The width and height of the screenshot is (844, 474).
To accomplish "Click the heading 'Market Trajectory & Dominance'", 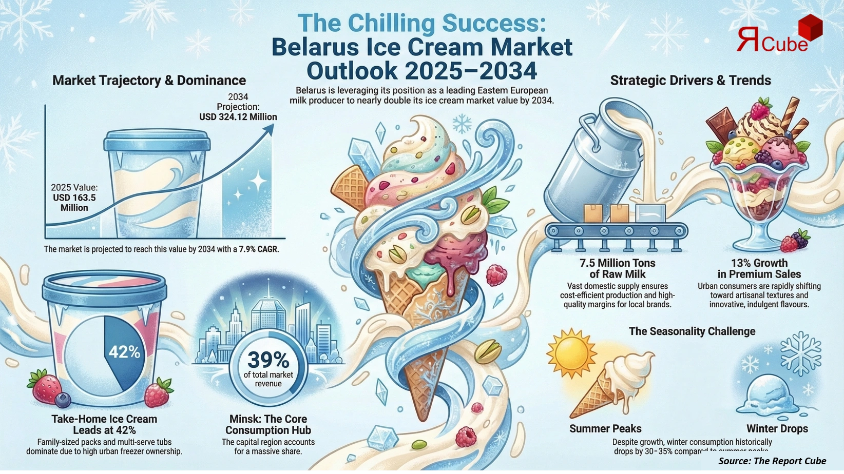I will [149, 81].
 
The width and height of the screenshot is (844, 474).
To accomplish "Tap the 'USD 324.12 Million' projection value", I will [238, 117].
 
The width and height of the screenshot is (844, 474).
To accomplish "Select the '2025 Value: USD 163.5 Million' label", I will [74, 197].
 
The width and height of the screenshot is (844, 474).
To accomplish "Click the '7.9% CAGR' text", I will [259, 250].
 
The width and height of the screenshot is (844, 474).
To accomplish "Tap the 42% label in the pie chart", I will [124, 352].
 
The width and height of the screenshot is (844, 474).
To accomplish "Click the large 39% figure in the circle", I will [268, 360].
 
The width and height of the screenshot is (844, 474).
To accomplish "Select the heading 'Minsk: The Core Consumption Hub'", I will [268, 424].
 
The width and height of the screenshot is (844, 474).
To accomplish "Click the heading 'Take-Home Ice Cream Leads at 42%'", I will [104, 424].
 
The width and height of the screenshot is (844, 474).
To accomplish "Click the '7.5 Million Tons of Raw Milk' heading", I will [618, 268].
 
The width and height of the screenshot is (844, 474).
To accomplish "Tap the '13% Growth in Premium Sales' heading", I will [759, 268].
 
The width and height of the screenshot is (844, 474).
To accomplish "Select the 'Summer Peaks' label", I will [605, 428].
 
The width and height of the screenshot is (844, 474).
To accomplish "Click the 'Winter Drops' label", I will [777, 428].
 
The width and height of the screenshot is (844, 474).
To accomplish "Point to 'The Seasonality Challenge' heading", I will [692, 331].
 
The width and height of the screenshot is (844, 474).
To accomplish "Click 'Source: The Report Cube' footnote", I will [772, 461].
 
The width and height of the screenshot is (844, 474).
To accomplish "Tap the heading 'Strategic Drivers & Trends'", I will [690, 81].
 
